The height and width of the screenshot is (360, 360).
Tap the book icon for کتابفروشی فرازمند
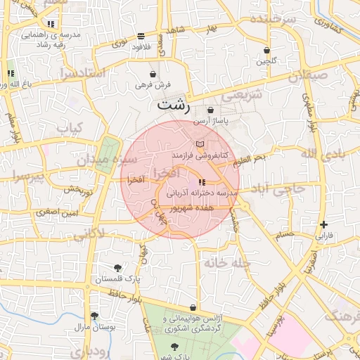point(200,143)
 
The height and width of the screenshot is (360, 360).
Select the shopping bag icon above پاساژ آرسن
point(210,110)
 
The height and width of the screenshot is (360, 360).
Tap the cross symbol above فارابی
point(323,225)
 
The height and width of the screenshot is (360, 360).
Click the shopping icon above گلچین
point(266,51)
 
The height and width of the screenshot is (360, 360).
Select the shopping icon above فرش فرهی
point(153,75)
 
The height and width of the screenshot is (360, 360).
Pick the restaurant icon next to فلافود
point(141,35)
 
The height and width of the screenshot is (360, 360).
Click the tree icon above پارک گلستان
point(117,268)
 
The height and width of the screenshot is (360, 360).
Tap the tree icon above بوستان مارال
point(94,316)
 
